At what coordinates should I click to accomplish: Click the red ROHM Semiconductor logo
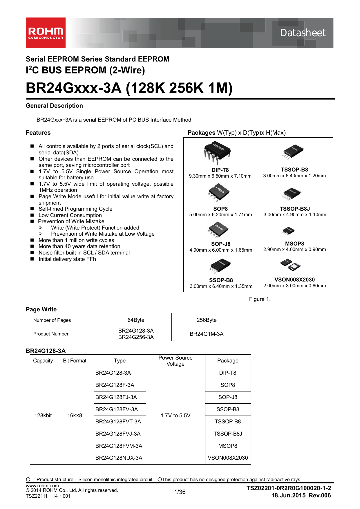46,33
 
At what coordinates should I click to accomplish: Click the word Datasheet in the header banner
303,33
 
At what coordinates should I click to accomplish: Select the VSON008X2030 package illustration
290,265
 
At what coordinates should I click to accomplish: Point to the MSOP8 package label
294,243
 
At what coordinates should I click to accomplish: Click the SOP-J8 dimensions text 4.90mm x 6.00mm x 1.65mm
221,250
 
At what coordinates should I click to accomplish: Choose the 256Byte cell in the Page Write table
207,320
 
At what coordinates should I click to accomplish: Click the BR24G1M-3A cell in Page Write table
207,334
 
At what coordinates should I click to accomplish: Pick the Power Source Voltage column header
176,361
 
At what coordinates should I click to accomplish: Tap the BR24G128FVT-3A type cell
118,421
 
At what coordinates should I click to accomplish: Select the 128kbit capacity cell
43,415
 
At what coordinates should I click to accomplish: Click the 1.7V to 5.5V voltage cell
176,415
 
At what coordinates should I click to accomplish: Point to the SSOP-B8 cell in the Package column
228,409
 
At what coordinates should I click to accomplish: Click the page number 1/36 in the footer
180,492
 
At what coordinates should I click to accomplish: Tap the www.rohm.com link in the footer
42,485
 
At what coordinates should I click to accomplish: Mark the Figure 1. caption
260,299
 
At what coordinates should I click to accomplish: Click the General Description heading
54,106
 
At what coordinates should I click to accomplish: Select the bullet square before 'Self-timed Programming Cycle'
32,209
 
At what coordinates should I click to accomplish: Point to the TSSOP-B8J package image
292,194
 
